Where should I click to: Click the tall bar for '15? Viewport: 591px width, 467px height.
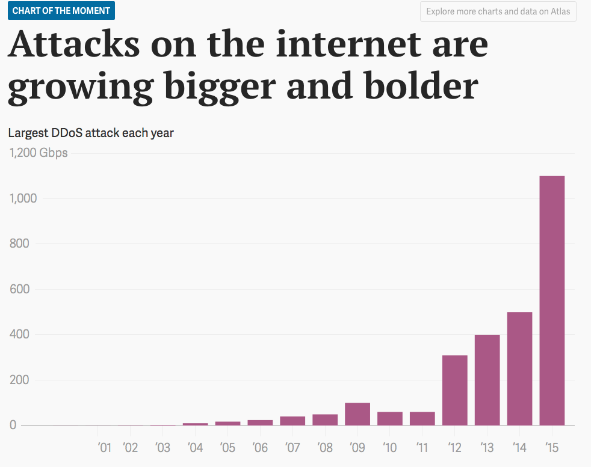click(x=552, y=301)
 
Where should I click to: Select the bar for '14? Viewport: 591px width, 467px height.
click(x=519, y=368)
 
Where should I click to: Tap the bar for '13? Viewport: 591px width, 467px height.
click(x=487, y=380)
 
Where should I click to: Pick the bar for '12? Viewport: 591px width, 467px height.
click(x=454, y=390)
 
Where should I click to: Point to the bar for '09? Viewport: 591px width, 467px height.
click(x=357, y=414)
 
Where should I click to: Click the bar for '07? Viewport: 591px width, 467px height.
click(x=292, y=421)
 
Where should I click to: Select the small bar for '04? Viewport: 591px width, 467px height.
click(x=195, y=424)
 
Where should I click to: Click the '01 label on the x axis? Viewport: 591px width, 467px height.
click(x=104, y=448)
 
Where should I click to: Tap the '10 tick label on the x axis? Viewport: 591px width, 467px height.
click(x=389, y=448)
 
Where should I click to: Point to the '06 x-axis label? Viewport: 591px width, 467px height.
click(x=259, y=448)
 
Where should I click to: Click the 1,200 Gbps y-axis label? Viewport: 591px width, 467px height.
click(x=39, y=153)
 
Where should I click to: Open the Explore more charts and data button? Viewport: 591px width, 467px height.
click(x=498, y=11)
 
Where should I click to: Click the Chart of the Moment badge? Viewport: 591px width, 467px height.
click(x=61, y=11)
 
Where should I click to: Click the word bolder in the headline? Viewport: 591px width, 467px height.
click(x=415, y=87)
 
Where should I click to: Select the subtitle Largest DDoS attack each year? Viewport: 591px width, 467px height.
click(x=91, y=132)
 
